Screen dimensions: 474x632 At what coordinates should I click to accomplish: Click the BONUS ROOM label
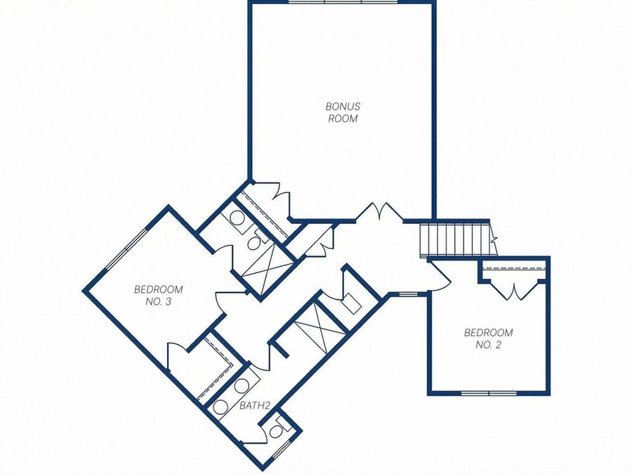point(342,112)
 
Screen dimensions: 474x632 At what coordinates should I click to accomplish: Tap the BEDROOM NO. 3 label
point(158,295)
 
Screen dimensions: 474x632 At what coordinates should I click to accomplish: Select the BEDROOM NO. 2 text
point(488,338)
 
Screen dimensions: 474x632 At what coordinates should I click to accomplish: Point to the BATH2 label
point(255,405)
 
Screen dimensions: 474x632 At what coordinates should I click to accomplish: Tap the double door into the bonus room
point(380,212)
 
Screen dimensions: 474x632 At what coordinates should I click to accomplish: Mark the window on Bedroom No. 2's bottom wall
point(488,393)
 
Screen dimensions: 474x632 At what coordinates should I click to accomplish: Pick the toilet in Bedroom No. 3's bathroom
point(254,243)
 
